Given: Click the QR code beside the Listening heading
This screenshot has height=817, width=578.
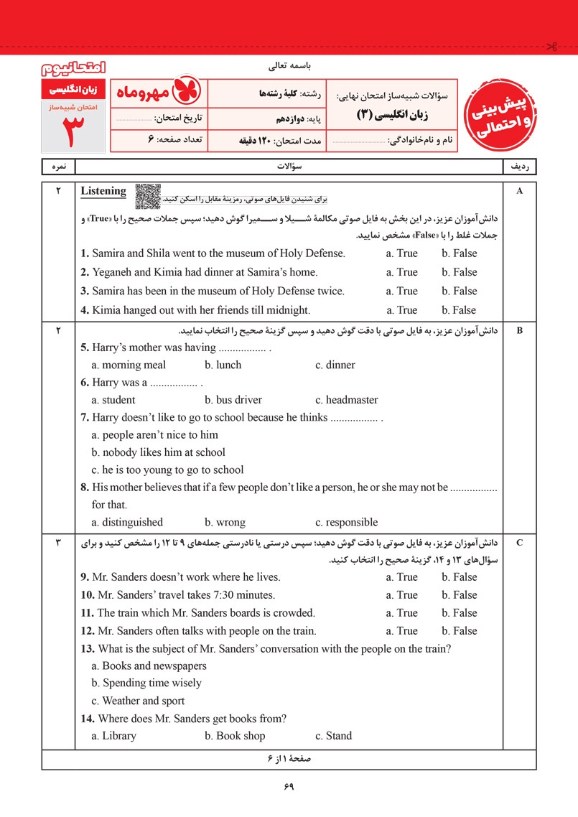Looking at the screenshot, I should click(x=148, y=195).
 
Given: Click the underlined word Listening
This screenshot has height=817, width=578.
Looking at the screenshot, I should click(x=103, y=191).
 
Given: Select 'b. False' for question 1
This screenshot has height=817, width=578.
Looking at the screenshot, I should click(x=459, y=253).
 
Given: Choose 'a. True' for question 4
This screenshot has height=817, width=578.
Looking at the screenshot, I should click(x=401, y=310).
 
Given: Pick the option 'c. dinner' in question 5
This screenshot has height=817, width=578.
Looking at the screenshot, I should click(x=335, y=365).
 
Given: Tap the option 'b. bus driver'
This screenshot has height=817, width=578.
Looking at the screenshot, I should click(x=233, y=400).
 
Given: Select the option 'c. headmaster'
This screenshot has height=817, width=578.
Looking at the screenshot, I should click(x=346, y=400).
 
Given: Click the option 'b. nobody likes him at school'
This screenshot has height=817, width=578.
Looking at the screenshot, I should click(x=158, y=452).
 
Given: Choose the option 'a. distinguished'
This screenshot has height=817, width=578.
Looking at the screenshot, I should click(x=127, y=522).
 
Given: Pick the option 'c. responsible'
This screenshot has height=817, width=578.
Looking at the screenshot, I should click(x=346, y=522).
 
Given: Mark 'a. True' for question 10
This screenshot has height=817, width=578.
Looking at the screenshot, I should click(x=401, y=594).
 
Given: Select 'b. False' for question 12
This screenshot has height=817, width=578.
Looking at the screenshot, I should click(x=459, y=630).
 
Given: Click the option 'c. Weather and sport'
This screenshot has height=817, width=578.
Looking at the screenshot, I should click(x=138, y=701).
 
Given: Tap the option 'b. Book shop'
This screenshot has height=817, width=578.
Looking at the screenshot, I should click(x=234, y=735).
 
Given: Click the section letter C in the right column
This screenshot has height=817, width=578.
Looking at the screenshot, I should click(x=519, y=543).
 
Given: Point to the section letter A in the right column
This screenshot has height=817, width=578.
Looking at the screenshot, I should click(x=519, y=191).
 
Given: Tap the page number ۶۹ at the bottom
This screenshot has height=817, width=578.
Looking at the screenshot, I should click(x=289, y=786).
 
